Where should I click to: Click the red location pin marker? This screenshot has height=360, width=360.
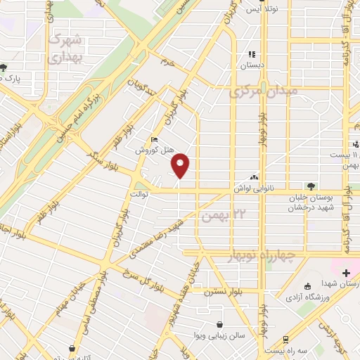point(181,165)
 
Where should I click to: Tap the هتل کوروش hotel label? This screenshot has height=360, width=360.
point(150,150)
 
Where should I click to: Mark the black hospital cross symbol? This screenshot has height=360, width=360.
point(345,271)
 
